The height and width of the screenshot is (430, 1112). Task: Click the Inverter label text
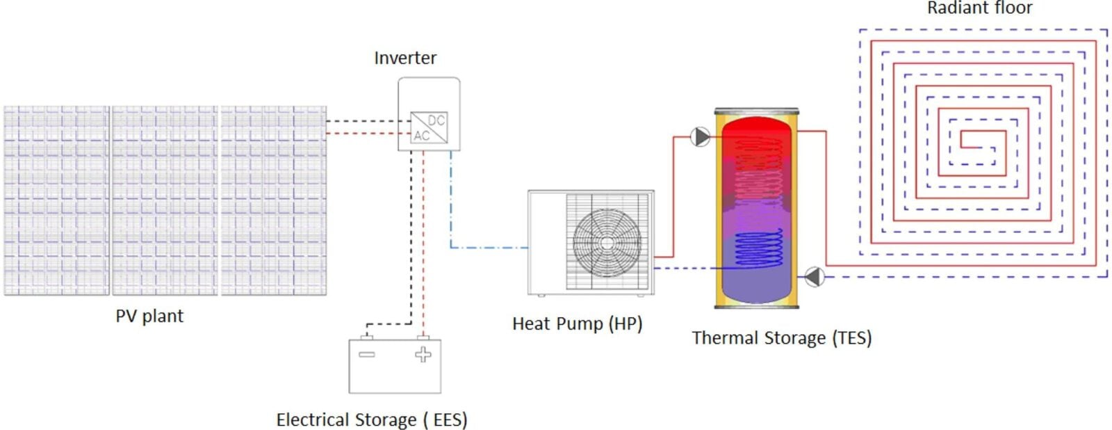[x=405, y=58]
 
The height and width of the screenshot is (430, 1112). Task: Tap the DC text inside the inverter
[x=436, y=120]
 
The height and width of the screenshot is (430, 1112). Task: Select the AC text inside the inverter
[x=421, y=135]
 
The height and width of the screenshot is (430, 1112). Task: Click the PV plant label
[x=149, y=316]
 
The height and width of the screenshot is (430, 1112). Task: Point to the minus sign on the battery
[x=367, y=354]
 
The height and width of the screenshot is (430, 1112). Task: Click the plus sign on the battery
[x=423, y=354]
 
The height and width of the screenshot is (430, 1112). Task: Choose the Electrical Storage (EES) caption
[x=372, y=420]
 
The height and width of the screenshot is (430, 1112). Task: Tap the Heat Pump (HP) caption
[x=578, y=324]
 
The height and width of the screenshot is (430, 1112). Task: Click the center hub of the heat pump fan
[x=607, y=243]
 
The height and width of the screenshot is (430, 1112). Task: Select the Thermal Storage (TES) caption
[x=782, y=338]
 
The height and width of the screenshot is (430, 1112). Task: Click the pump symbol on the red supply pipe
[x=700, y=136]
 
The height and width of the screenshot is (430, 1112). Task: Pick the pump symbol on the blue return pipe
[x=814, y=277]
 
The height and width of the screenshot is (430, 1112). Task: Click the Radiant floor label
[x=979, y=8]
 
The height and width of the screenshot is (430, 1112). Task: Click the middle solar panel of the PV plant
[x=165, y=200]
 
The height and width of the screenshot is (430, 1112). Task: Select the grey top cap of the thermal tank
[x=757, y=111]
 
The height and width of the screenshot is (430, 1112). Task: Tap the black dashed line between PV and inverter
[x=368, y=121]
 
